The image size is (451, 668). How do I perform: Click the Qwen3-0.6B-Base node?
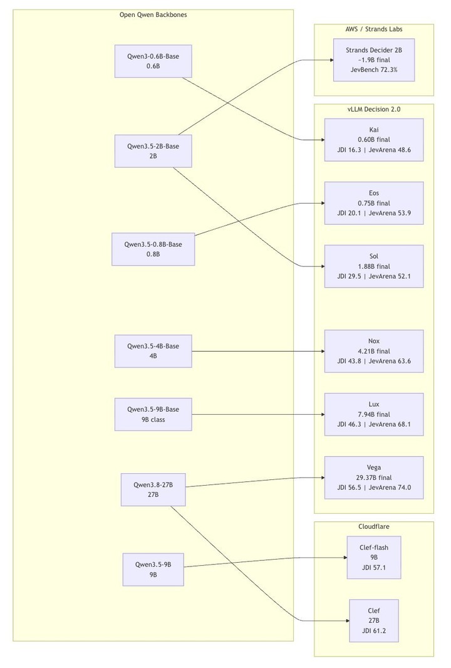(153, 61)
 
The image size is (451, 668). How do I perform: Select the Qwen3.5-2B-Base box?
(153, 151)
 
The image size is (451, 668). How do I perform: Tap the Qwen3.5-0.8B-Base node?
(153, 249)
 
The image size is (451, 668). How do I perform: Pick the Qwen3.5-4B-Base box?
(153, 351)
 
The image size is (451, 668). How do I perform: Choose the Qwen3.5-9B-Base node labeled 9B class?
(153, 414)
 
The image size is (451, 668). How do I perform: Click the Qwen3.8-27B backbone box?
(153, 489)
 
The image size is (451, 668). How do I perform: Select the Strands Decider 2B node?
(373, 60)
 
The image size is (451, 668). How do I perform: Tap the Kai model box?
(373, 140)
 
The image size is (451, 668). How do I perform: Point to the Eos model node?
(373, 203)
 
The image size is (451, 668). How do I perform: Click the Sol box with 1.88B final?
(373, 266)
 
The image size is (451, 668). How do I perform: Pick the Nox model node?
(373, 351)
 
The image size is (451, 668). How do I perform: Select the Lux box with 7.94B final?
(373, 414)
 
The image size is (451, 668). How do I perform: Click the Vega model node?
(373, 478)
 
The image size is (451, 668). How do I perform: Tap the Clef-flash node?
(373, 557)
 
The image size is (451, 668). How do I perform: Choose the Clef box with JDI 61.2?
(373, 621)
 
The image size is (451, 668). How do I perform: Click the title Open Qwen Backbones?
(153, 15)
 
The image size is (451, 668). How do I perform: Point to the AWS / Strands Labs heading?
(373, 29)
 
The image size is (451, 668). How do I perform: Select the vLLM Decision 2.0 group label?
(373, 109)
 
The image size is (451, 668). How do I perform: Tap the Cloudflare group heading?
(373, 526)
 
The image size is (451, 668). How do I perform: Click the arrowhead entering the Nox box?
(323, 351)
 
